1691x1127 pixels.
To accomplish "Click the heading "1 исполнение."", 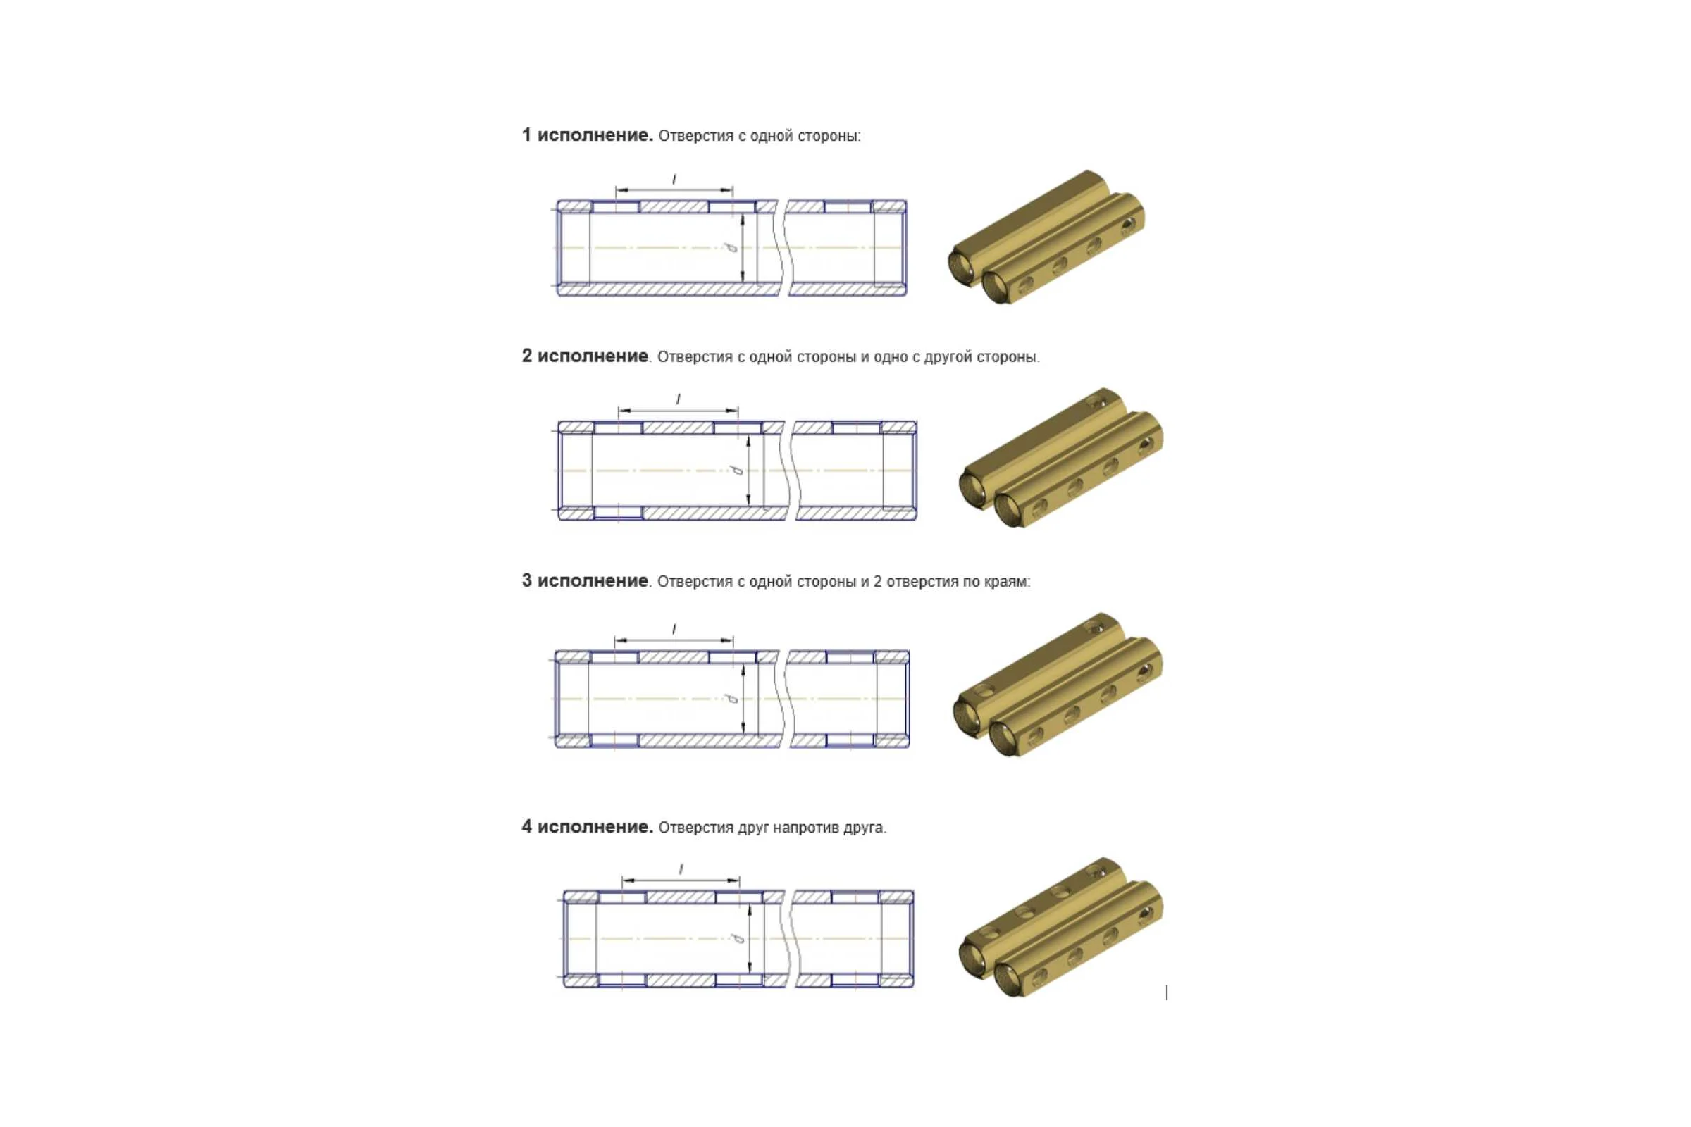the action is (x=588, y=135).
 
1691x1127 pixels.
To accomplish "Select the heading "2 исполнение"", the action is (x=585, y=356).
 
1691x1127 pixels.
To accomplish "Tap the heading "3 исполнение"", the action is (x=585, y=580).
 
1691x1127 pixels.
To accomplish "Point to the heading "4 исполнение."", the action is (x=588, y=827).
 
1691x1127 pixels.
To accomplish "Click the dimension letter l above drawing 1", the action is (x=674, y=179).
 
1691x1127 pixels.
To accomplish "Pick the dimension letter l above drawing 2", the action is (x=678, y=399).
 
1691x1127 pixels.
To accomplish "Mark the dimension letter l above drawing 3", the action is (x=674, y=630).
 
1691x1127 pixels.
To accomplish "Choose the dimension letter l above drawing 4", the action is (x=681, y=870).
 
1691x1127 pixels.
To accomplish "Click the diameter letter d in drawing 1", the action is (x=731, y=248).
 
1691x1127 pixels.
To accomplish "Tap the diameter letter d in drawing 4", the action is (x=738, y=939).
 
